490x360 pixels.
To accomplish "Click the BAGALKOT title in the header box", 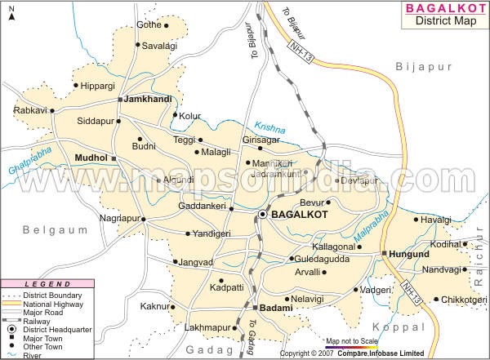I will click(444, 10).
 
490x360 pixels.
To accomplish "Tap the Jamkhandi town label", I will click(147, 99).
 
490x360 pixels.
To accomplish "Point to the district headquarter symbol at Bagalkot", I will click(263, 214).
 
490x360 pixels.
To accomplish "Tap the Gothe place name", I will click(149, 25).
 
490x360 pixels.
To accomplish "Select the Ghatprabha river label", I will click(28, 162).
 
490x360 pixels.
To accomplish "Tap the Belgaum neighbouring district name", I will click(55, 231).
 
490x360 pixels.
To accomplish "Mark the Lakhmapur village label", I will click(205, 327).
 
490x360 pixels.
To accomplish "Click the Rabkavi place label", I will click(30, 110).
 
